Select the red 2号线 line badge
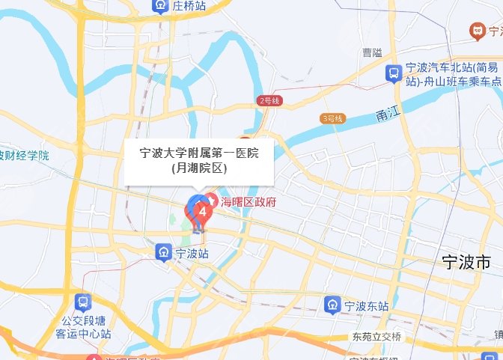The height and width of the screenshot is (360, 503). tap(269, 101)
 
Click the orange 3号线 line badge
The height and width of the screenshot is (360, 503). tap(332, 119)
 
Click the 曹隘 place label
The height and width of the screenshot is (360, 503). tap(372, 52)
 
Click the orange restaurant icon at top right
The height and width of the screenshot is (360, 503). tap(475, 30)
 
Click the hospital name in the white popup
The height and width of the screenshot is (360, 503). tap(199, 153)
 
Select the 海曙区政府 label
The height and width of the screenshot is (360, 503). tap(248, 201)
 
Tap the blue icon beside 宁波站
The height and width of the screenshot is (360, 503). tap(162, 253)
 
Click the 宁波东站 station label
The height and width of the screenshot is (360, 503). tap(366, 305)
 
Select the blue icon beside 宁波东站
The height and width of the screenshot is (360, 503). tap(332, 305)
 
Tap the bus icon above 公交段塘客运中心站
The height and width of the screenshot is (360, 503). tap(83, 304)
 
